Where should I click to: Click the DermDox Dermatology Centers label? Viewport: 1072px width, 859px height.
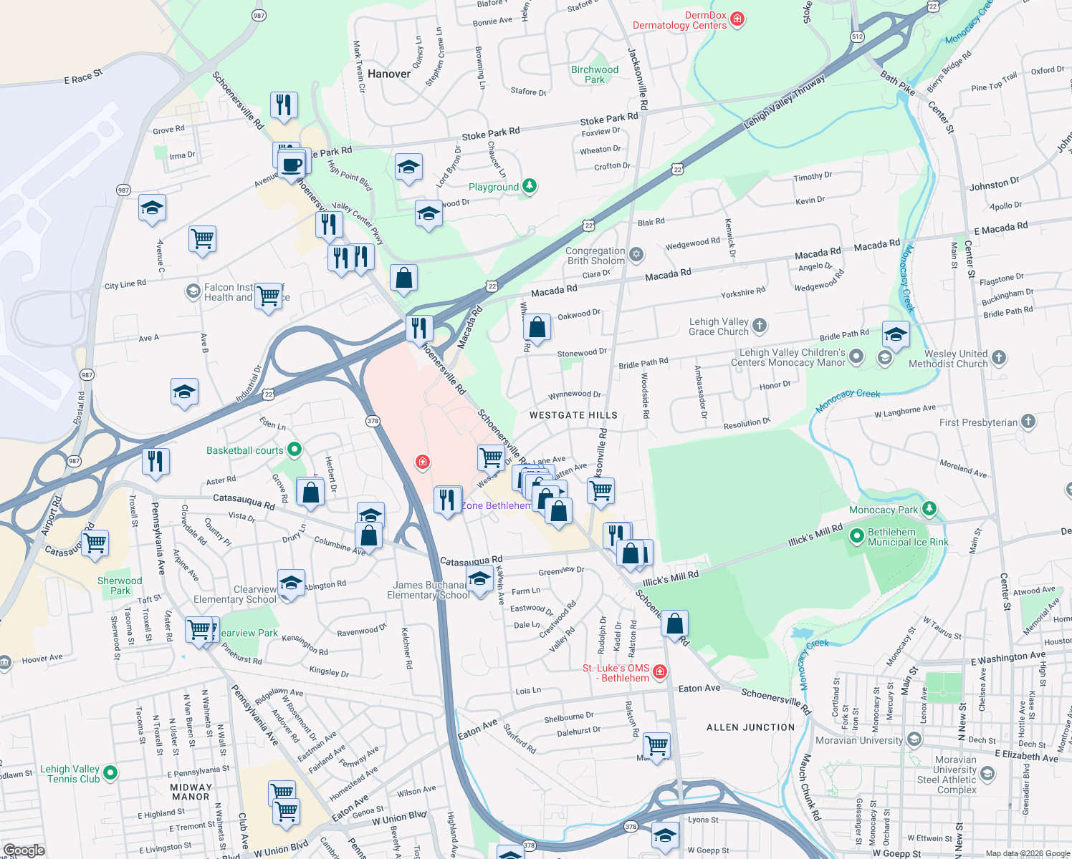point(679,20)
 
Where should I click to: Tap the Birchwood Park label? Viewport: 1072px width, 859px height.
point(594,74)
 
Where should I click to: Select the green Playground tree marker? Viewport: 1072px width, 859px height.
point(530,187)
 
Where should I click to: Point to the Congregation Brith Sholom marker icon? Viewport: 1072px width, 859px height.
point(636,255)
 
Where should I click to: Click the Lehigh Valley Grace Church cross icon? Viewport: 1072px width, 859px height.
point(760,326)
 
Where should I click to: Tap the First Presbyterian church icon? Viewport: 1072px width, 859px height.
point(1028,422)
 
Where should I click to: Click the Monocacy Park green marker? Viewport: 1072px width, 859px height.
point(929,509)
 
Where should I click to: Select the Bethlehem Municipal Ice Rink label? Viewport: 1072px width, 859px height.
point(907,537)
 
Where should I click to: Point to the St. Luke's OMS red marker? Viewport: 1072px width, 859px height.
point(661,671)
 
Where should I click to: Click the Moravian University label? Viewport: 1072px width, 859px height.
point(859,740)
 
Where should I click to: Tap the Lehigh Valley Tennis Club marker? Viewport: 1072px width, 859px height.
point(110,772)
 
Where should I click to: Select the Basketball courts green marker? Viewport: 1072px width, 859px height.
point(294,450)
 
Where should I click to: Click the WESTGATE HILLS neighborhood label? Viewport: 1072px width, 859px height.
point(573,415)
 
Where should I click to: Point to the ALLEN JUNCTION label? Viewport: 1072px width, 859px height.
point(750,727)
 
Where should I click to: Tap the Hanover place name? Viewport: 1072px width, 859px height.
point(389,74)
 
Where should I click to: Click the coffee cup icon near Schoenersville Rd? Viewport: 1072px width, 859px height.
point(292,165)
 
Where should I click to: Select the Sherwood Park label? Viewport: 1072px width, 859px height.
point(120,586)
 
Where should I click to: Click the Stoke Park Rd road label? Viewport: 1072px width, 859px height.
point(491,135)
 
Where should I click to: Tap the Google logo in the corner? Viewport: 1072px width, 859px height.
point(24,850)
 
